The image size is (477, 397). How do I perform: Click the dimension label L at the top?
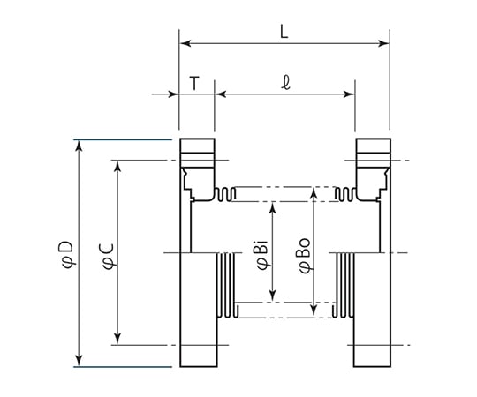click(284, 32)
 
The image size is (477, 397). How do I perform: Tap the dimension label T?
click(194, 84)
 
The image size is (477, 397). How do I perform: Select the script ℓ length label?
click(285, 83)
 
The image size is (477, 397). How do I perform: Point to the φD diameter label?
click(67, 255)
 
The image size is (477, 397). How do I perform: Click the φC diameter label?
click(109, 257)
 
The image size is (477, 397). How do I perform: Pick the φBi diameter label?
click(262, 255)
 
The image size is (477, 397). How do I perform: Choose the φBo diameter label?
click(305, 256)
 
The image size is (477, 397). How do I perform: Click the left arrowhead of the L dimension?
click(185, 43)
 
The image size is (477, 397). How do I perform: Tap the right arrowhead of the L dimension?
click(383, 43)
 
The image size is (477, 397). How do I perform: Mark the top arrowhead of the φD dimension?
click(79, 146)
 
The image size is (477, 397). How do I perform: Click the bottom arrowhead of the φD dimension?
click(79, 360)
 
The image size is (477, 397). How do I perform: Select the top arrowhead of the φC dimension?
click(117, 166)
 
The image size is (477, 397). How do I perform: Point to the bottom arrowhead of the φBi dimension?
click(273, 296)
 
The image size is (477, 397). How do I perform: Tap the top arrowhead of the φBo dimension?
click(314, 193)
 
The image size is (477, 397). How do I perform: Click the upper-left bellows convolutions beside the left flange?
click(225, 194)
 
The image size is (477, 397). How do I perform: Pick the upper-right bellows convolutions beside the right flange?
click(345, 194)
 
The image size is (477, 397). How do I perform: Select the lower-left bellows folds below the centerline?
click(227, 285)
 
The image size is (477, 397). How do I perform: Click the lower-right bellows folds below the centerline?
click(344, 285)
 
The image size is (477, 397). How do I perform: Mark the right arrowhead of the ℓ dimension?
click(349, 94)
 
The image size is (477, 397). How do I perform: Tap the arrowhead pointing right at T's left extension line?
click(173, 94)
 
